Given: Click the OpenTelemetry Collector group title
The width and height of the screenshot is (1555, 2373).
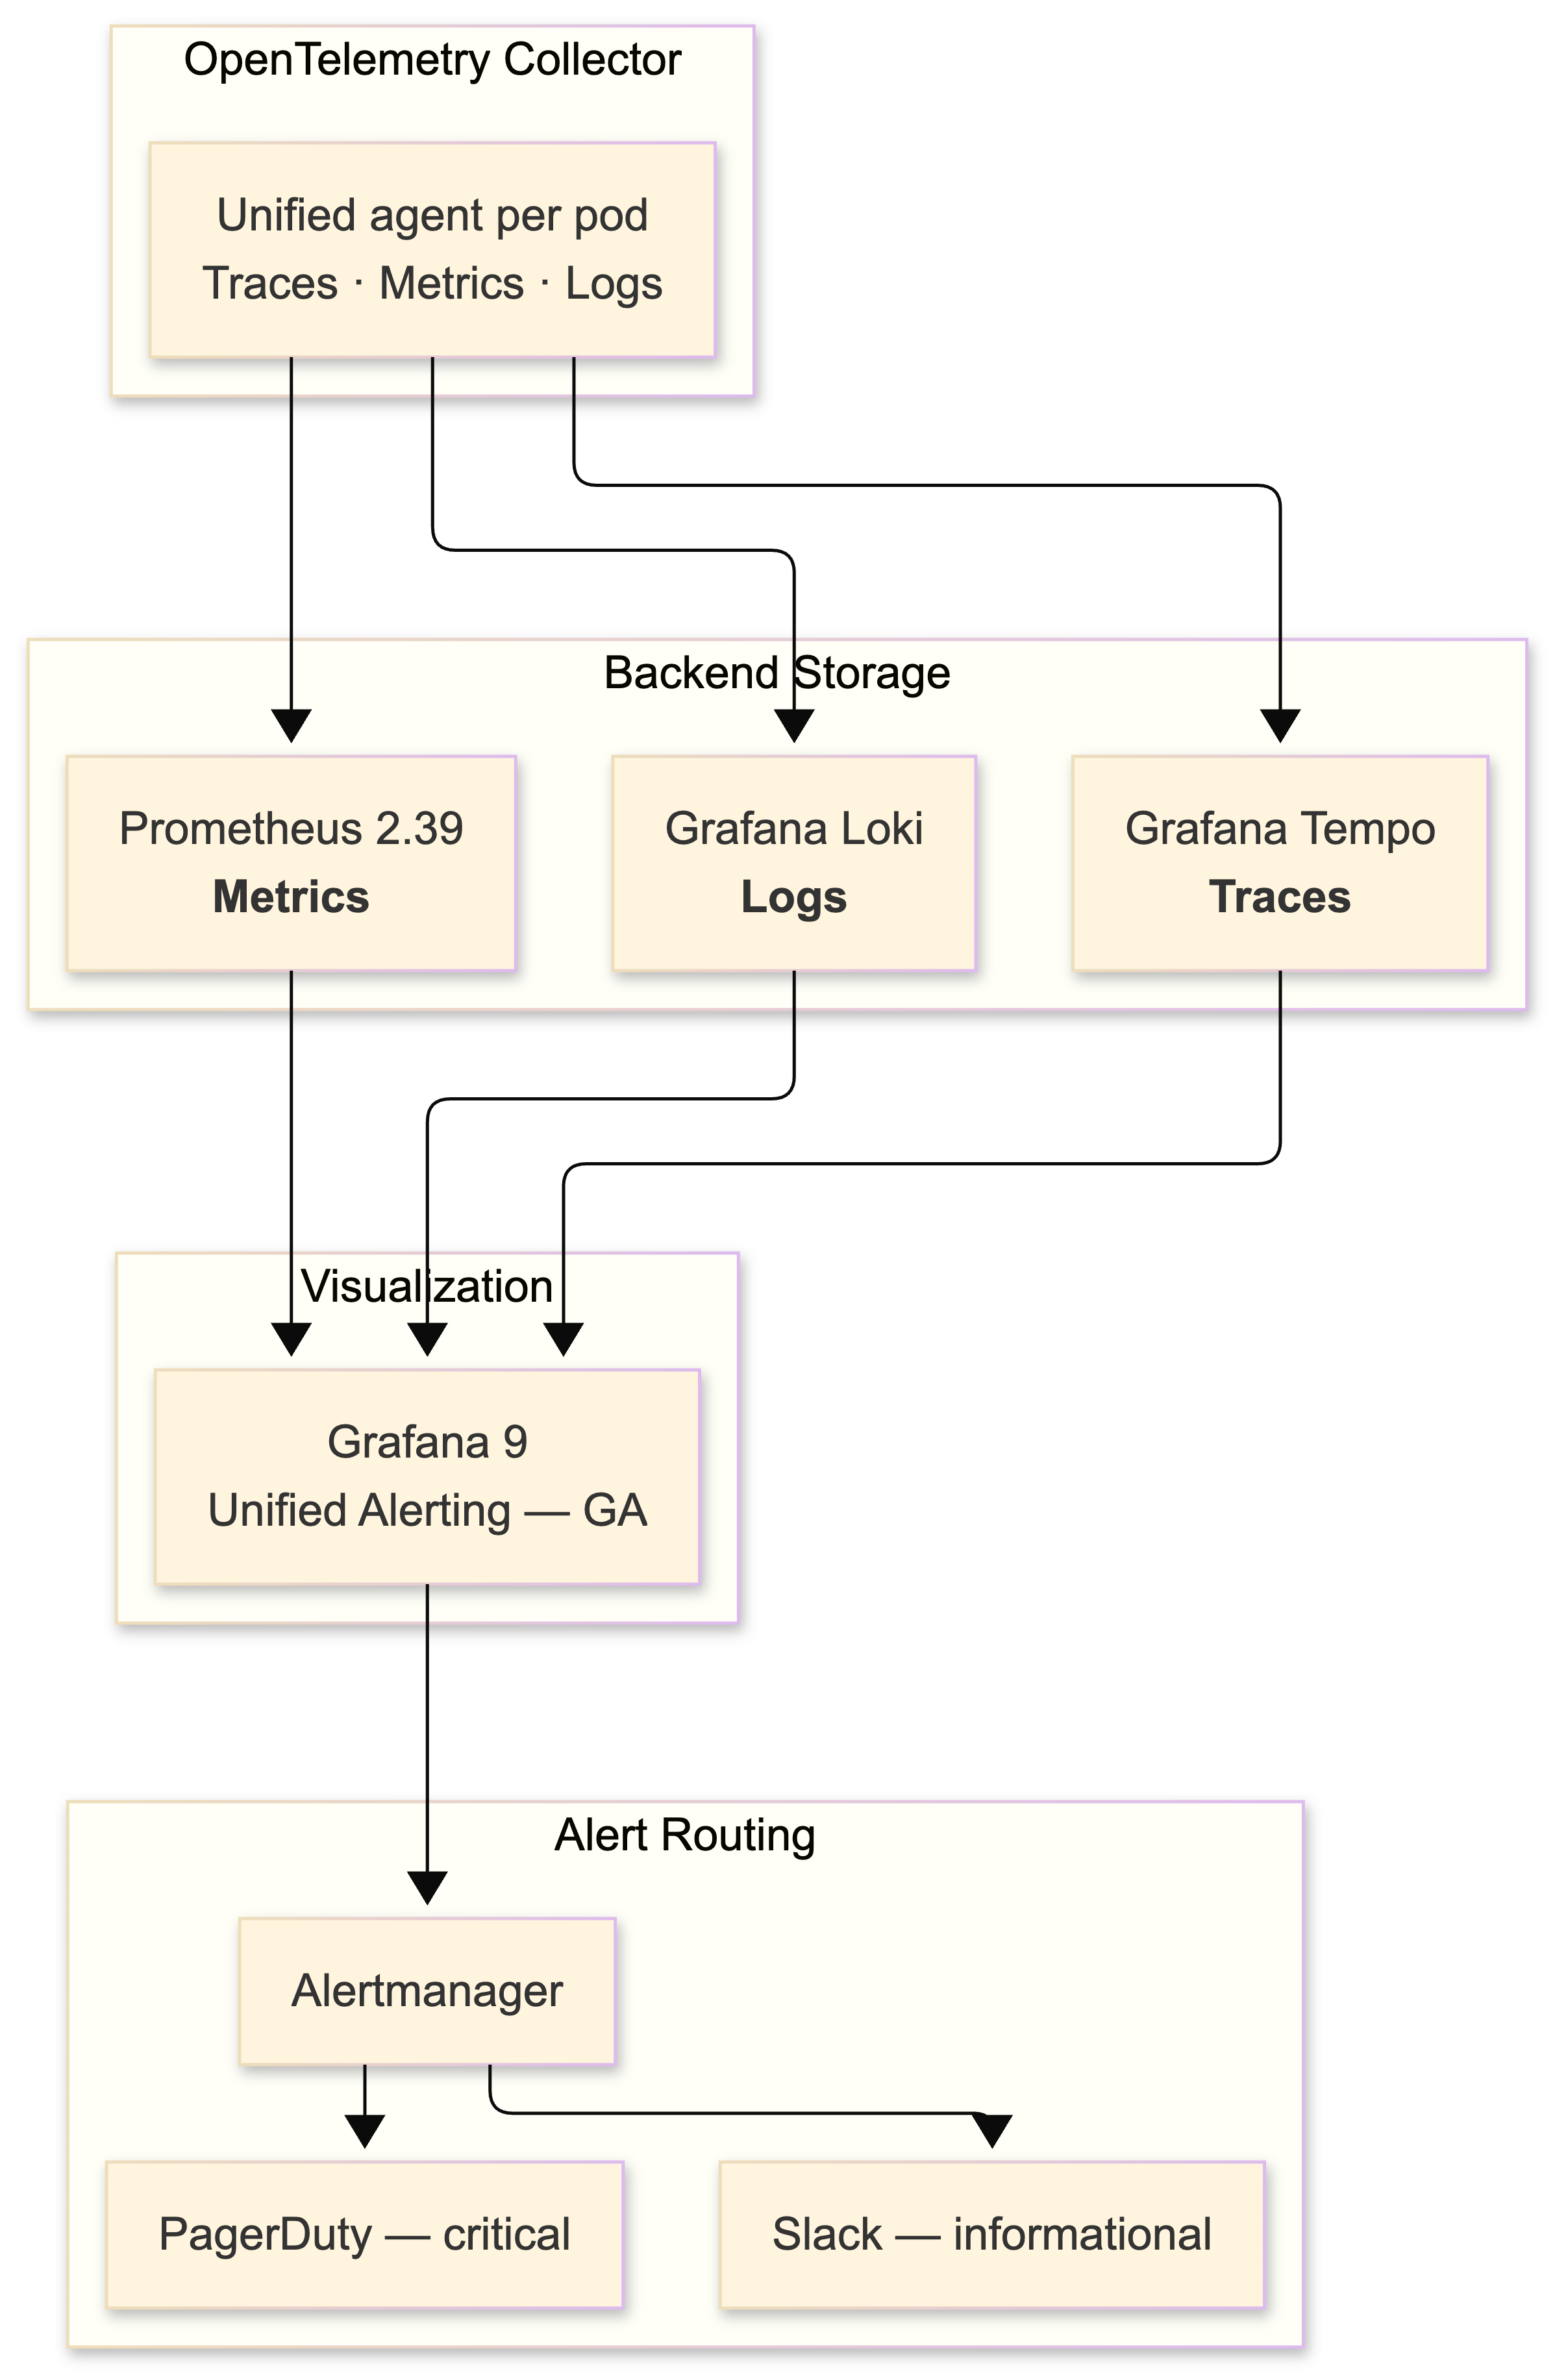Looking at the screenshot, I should (432, 60).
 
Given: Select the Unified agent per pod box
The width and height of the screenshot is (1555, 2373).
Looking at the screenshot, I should (432, 249).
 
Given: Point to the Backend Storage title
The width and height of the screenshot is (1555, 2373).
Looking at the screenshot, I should (777, 673).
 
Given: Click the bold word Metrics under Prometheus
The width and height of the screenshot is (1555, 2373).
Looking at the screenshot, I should (290, 897).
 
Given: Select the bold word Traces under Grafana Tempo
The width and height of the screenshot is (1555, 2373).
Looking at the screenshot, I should (1279, 897).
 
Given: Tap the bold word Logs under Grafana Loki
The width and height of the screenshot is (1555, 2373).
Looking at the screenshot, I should (793, 897).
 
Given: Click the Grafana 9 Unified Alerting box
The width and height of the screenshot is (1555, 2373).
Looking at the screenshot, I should (427, 1476).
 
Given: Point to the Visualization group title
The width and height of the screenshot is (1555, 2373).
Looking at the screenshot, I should (427, 1286).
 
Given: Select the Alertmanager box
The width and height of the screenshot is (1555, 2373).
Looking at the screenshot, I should (427, 1991).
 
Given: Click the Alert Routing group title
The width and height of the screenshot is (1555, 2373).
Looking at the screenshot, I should (685, 1835).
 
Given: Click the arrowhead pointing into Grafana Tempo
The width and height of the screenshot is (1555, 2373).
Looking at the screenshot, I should (1280, 726).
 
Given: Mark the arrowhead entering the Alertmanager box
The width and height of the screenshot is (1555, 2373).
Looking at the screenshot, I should (427, 1887).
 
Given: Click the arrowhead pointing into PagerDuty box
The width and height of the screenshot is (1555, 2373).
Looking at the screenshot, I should (365, 2131).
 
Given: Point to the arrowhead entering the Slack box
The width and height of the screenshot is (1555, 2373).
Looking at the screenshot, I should (992, 2131).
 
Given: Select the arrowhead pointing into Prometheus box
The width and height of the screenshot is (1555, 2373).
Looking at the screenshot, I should (291, 726).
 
